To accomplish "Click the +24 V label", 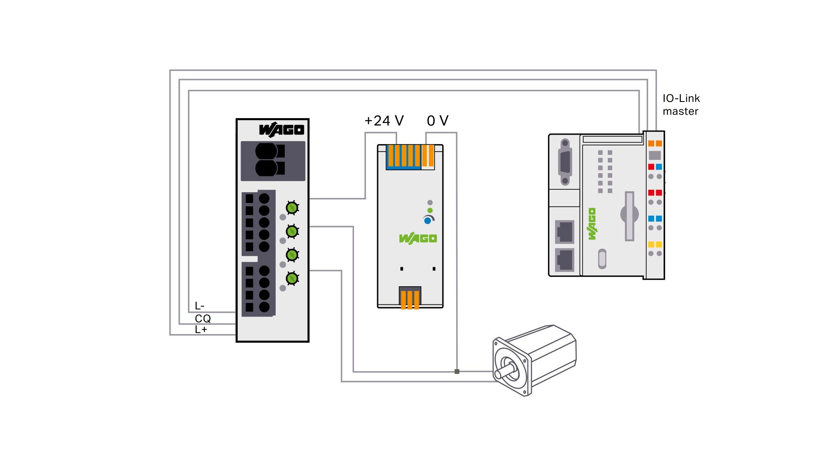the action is [384, 121].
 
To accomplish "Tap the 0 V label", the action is [438, 121].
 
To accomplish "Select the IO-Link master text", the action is [681, 105].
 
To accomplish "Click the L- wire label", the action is [200, 306].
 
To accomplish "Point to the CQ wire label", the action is [203, 319].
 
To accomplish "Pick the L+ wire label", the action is [201, 330].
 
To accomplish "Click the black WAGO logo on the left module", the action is [282, 129].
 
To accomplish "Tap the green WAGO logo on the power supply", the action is [418, 238].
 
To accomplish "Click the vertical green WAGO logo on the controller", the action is [592, 224].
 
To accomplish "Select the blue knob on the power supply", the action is [428, 221].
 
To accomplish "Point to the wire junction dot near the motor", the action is [457, 372].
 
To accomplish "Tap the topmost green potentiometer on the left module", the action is [292, 208].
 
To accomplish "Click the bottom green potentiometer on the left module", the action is [292, 278].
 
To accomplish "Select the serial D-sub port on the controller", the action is [565, 162].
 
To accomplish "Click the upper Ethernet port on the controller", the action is [565, 232].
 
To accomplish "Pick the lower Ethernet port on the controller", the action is [565, 260].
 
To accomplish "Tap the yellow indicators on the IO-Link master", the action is [655, 244].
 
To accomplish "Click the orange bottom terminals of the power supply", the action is [410, 299].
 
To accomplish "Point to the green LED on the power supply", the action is [430, 210].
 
